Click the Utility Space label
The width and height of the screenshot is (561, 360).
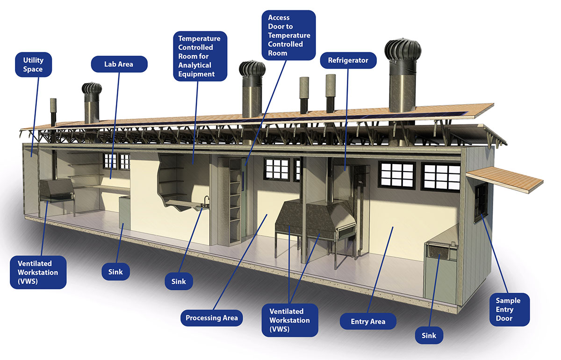33,65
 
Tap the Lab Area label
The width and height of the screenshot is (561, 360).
119,64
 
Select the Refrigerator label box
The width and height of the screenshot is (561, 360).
348,60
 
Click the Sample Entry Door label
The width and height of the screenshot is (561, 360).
508,309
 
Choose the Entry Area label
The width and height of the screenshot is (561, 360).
368,321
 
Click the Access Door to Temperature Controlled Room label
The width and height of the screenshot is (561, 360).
289,35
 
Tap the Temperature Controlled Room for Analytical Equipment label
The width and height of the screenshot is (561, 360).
200,56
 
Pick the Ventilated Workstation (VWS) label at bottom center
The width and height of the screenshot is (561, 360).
289,320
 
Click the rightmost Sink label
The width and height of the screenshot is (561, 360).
429,335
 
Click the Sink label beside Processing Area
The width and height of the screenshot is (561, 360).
179,281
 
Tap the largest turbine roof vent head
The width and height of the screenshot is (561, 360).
403,51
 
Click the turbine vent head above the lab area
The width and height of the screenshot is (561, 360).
92,90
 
